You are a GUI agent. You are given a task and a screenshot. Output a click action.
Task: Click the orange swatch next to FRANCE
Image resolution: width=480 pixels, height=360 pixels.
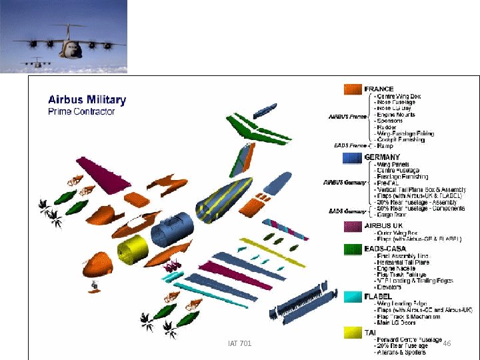tap(352, 89)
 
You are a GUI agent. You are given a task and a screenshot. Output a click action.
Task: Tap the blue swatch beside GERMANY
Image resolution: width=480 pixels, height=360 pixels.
tap(352, 158)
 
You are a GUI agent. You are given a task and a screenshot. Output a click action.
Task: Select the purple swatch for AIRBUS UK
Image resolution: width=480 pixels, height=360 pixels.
tap(352, 226)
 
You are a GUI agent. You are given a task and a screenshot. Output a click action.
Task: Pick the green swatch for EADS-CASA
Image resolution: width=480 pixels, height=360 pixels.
tap(352, 249)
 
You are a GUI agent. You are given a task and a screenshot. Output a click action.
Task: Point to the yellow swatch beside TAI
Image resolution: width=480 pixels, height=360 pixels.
tap(352, 331)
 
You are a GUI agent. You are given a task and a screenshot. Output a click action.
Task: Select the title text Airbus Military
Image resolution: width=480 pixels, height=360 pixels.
tap(87, 100)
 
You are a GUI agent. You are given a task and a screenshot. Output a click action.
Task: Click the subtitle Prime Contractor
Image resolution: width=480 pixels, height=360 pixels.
tap(81, 111)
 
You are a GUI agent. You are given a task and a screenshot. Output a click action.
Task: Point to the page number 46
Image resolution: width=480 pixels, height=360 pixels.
tap(447, 343)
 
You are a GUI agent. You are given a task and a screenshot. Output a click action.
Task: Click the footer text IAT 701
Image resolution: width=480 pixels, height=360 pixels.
tap(239, 343)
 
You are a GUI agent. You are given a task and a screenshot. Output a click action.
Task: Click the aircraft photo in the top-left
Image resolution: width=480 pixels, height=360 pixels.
tap(63, 37)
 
